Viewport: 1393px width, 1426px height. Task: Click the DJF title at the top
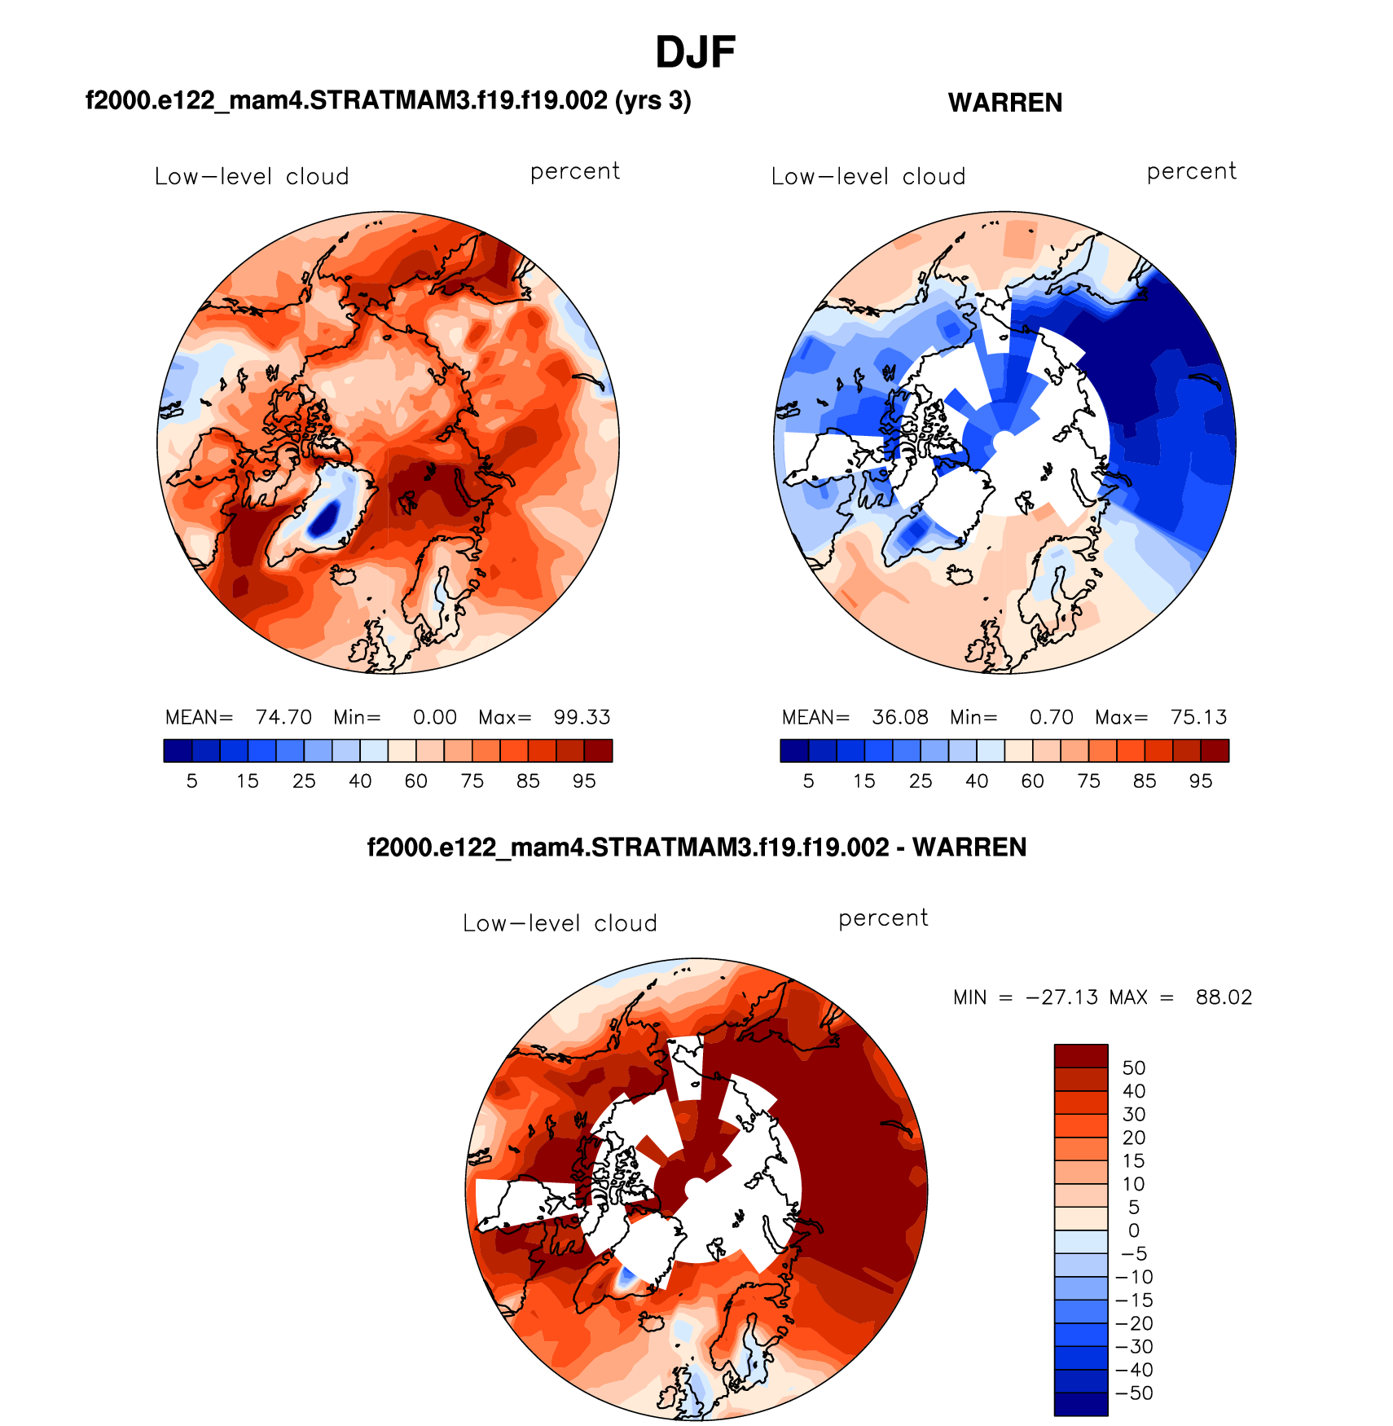(695, 53)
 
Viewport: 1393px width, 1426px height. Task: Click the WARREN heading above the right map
(1004, 103)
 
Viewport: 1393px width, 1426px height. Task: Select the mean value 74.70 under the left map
(283, 717)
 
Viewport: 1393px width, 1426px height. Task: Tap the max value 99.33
(582, 717)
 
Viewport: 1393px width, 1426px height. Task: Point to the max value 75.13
(1198, 717)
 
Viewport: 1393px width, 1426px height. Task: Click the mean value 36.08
(900, 717)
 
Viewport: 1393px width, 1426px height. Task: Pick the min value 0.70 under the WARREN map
(1051, 717)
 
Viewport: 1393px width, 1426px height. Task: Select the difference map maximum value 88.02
(1224, 997)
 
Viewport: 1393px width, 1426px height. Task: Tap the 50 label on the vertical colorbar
(1134, 1068)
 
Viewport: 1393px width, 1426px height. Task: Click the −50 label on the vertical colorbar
(1134, 1393)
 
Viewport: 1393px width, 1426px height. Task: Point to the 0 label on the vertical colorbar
(1134, 1230)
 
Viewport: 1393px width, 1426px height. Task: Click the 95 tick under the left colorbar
(584, 781)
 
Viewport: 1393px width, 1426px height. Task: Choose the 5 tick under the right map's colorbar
(808, 781)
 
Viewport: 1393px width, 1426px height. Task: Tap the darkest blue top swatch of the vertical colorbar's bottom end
(1081, 1404)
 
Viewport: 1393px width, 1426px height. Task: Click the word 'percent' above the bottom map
(883, 918)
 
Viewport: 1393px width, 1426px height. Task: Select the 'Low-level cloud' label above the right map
(868, 177)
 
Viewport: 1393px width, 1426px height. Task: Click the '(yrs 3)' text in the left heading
(653, 101)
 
